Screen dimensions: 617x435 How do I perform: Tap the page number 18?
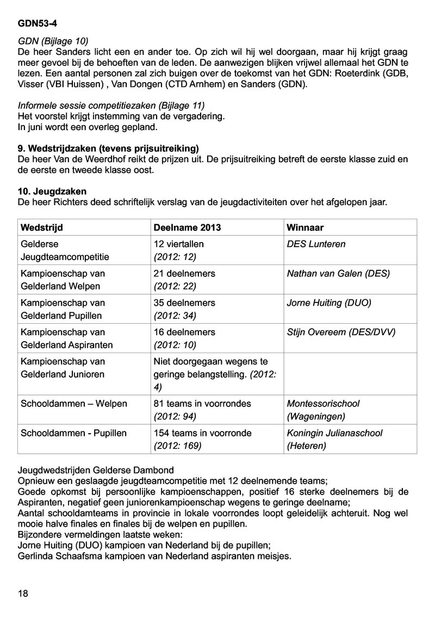coord(23,593)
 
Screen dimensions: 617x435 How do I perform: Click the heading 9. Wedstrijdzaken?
coord(108,148)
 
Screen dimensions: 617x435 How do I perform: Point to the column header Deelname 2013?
coord(188,227)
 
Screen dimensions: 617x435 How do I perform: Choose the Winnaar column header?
coord(305,227)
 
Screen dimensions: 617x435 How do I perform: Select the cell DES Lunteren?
coord(316,244)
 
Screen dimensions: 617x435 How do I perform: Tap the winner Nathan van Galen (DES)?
coord(338,274)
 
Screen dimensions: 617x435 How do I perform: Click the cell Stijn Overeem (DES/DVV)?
coord(341,332)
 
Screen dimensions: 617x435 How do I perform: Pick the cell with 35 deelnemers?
coord(185,303)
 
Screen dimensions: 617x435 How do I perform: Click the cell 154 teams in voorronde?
coord(202,433)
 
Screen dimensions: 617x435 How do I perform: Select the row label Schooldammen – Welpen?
coord(73,404)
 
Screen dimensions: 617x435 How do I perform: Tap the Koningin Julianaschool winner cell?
coord(334,433)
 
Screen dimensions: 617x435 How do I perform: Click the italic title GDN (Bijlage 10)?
coord(53,41)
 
